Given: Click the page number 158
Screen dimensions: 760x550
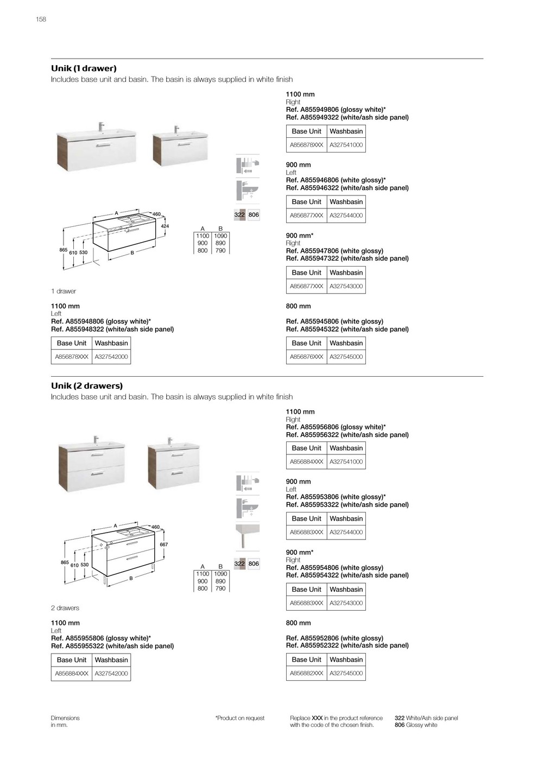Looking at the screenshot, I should click(x=41, y=20).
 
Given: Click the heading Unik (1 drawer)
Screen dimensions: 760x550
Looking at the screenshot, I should click(x=84, y=68).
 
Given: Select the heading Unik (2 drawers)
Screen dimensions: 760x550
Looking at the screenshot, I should click(x=87, y=386).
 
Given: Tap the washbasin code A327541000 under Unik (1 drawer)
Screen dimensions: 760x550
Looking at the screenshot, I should click(x=346, y=145).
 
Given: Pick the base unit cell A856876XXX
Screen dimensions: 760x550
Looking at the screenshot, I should click(x=306, y=357).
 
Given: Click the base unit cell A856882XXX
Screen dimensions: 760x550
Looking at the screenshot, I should click(x=306, y=673).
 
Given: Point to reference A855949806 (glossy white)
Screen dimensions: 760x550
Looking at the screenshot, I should click(x=336, y=110).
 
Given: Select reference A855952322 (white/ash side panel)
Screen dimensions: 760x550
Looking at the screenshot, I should click(x=347, y=645).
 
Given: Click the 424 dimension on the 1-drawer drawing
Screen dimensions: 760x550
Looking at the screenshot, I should click(x=165, y=226).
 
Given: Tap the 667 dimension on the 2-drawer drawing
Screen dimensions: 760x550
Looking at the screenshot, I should click(x=163, y=544).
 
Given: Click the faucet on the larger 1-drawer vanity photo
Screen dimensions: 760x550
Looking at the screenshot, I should click(x=100, y=126).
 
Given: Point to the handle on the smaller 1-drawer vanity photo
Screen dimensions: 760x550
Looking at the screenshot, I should click(x=185, y=144).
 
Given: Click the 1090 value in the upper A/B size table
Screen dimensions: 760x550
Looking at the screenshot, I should click(x=220, y=236).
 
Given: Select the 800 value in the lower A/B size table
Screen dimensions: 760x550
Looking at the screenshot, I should click(x=203, y=588).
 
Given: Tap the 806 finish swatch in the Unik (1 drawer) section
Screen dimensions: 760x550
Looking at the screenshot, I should click(x=254, y=215).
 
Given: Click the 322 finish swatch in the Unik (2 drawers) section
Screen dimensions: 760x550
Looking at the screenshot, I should click(x=239, y=564).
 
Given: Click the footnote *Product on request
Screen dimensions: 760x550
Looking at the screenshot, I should click(x=240, y=718).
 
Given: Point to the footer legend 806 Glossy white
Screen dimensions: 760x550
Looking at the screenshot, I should click(x=416, y=725).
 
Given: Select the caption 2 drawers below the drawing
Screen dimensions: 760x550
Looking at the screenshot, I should click(x=65, y=608).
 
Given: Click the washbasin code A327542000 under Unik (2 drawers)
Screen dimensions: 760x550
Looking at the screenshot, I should click(x=111, y=674).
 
